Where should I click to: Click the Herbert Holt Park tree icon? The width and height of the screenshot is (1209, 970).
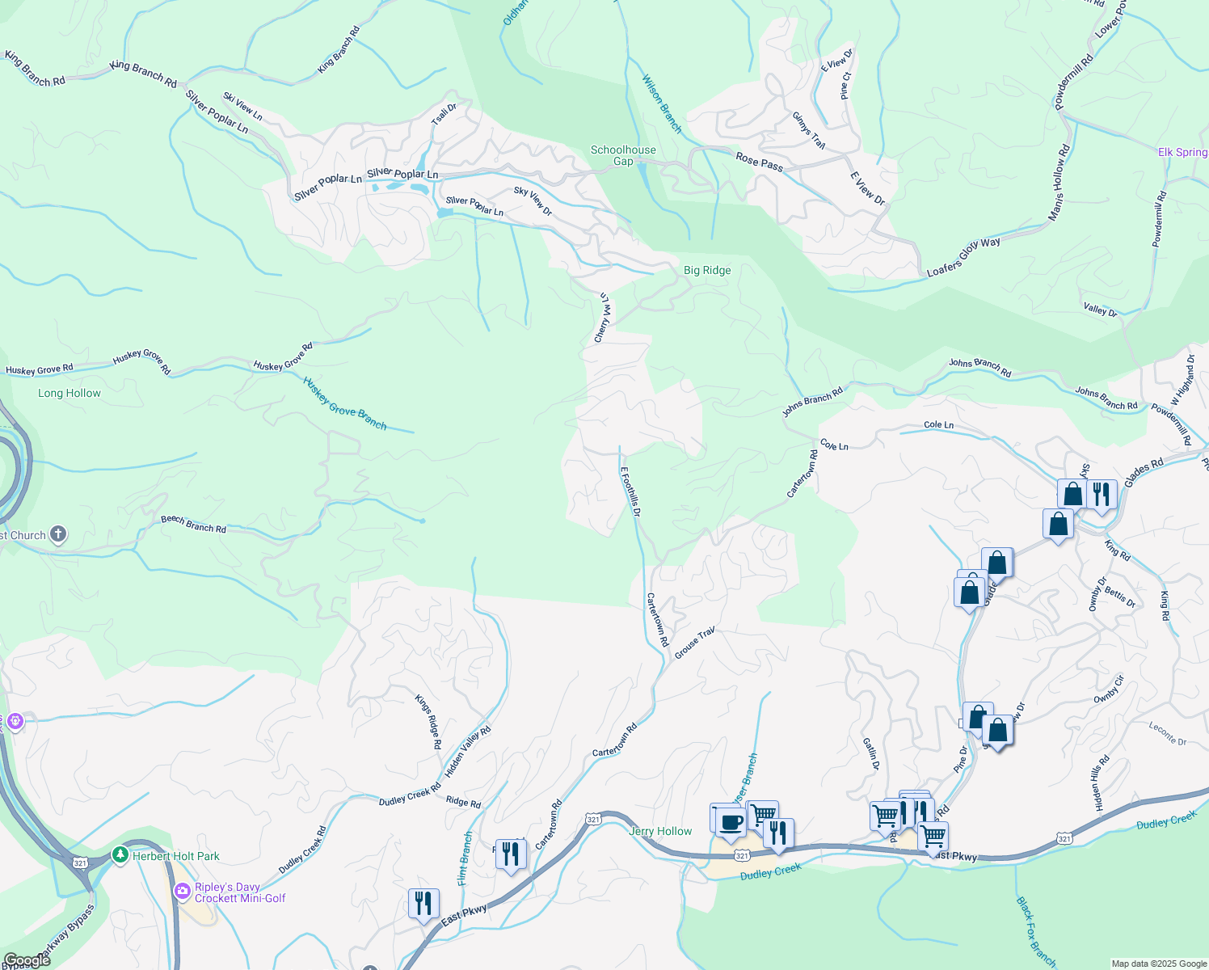(120, 854)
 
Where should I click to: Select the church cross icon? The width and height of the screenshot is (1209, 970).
(58, 533)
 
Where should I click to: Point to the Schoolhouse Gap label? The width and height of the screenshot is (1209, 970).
(623, 155)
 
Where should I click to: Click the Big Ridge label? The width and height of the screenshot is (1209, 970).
(707, 270)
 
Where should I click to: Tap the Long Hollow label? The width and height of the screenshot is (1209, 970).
(70, 393)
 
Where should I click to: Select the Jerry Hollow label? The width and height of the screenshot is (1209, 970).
(660, 831)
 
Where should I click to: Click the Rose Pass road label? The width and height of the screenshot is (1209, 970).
(759, 161)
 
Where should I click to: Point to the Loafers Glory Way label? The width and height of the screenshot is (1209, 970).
(963, 257)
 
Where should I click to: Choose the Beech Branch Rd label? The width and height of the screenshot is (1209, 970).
(193, 525)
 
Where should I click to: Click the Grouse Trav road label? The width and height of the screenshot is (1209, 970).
(695, 643)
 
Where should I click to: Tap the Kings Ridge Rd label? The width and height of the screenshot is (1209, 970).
(428, 721)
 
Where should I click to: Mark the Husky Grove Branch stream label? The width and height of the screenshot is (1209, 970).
(345, 403)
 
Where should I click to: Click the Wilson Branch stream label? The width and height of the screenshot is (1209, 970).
(662, 104)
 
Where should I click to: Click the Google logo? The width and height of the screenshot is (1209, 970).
(27, 960)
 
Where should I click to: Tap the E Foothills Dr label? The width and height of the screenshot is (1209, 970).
(630, 491)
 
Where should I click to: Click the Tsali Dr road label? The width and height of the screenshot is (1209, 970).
(444, 113)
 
